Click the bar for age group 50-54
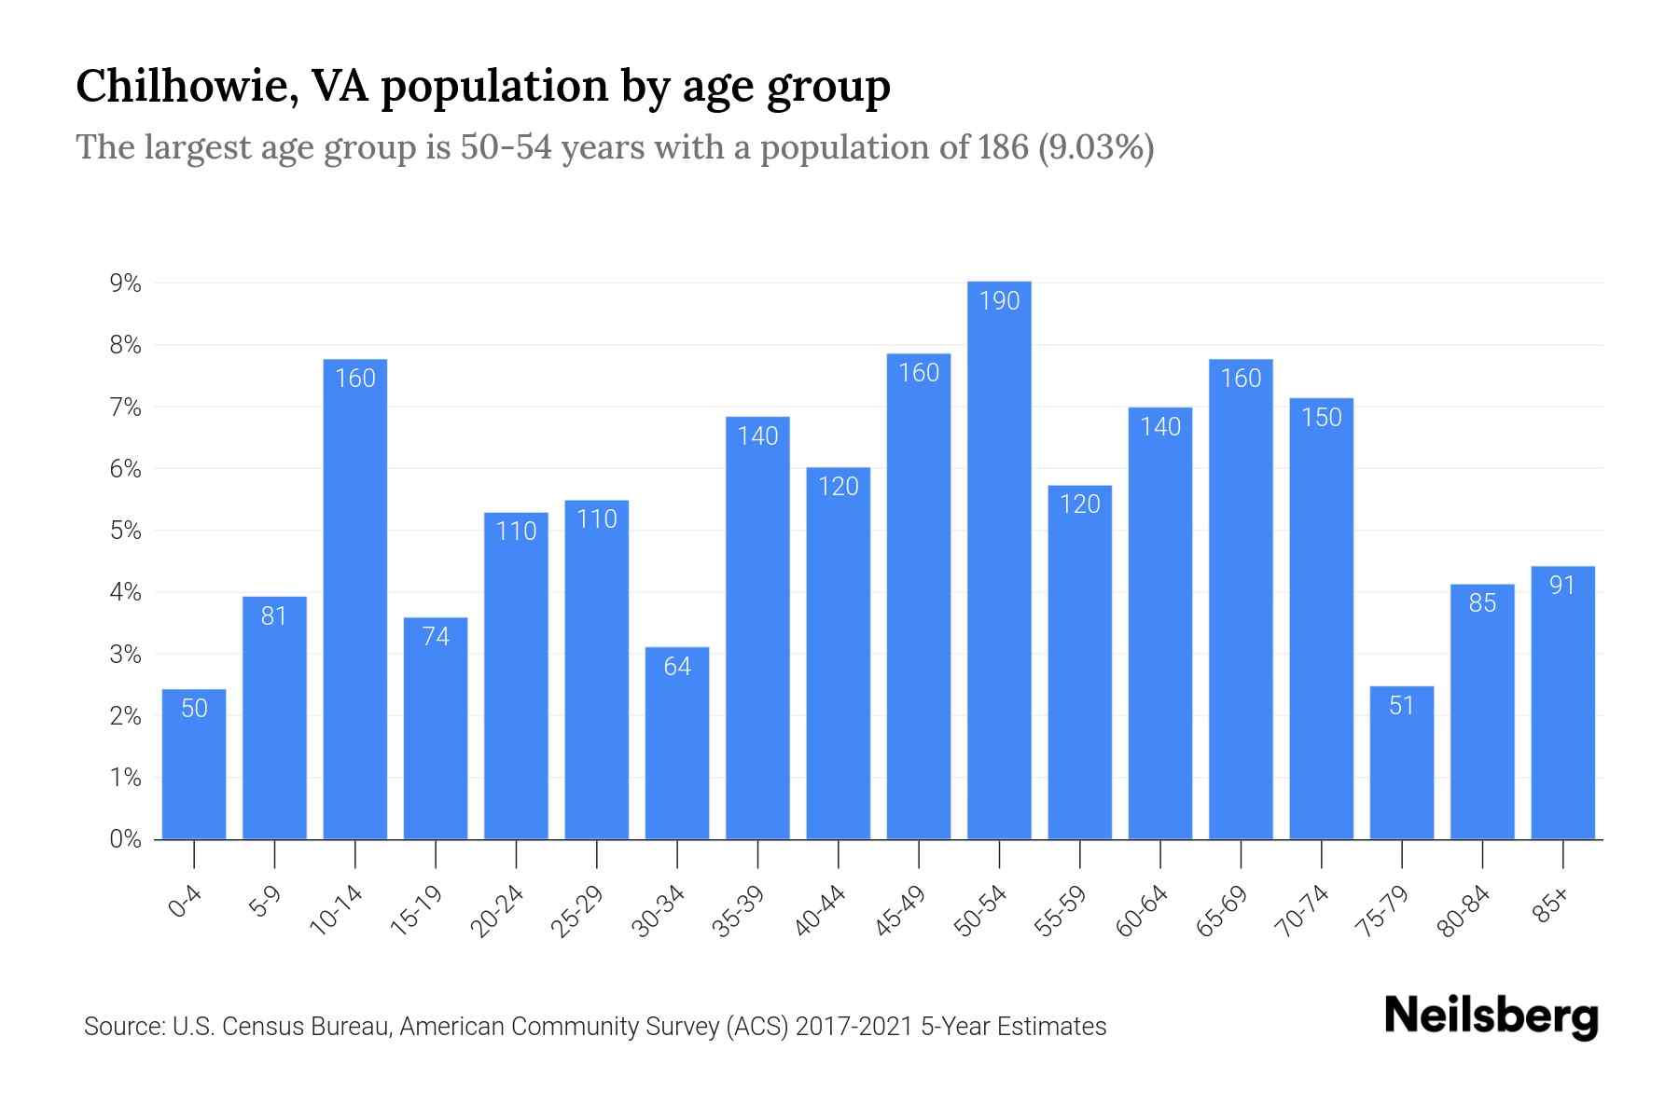(x=999, y=559)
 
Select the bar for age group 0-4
(x=194, y=765)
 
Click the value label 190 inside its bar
(x=999, y=301)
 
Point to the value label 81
(x=274, y=616)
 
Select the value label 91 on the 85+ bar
(x=1562, y=586)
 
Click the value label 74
(x=436, y=637)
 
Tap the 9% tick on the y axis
(x=125, y=283)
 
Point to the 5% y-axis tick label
(x=125, y=532)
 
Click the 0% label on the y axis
(x=125, y=839)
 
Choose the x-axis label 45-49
(x=900, y=911)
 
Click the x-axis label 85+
(x=1551, y=906)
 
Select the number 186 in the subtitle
(x=1003, y=147)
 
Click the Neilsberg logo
(x=1491, y=1016)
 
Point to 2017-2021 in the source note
(x=853, y=1027)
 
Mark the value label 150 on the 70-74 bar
(x=1321, y=418)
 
